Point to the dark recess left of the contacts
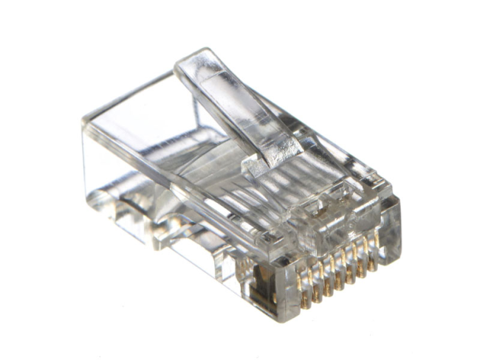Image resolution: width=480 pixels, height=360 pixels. tap(260, 284)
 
